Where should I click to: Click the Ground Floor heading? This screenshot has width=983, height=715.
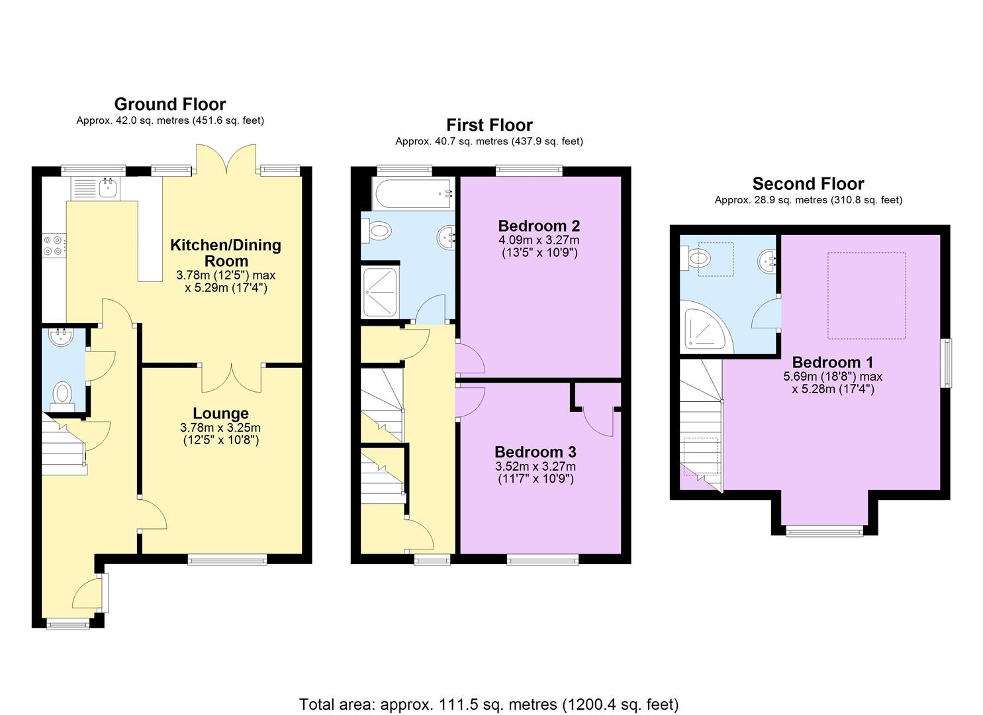click(x=170, y=105)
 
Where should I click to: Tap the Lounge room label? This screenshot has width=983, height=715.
click(x=220, y=414)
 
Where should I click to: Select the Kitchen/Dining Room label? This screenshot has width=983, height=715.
click(x=226, y=253)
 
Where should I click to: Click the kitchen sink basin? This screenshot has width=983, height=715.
click(x=107, y=188)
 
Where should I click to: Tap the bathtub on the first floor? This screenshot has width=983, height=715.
click(x=412, y=193)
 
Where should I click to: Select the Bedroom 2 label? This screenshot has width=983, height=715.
click(x=539, y=226)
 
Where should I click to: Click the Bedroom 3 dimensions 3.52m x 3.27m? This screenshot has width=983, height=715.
click(x=536, y=467)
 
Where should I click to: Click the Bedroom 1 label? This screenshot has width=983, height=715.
click(x=833, y=363)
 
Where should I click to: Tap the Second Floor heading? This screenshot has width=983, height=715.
click(x=808, y=183)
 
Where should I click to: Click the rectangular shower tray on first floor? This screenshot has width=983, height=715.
click(x=379, y=292)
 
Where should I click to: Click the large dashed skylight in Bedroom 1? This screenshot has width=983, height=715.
click(x=866, y=295)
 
